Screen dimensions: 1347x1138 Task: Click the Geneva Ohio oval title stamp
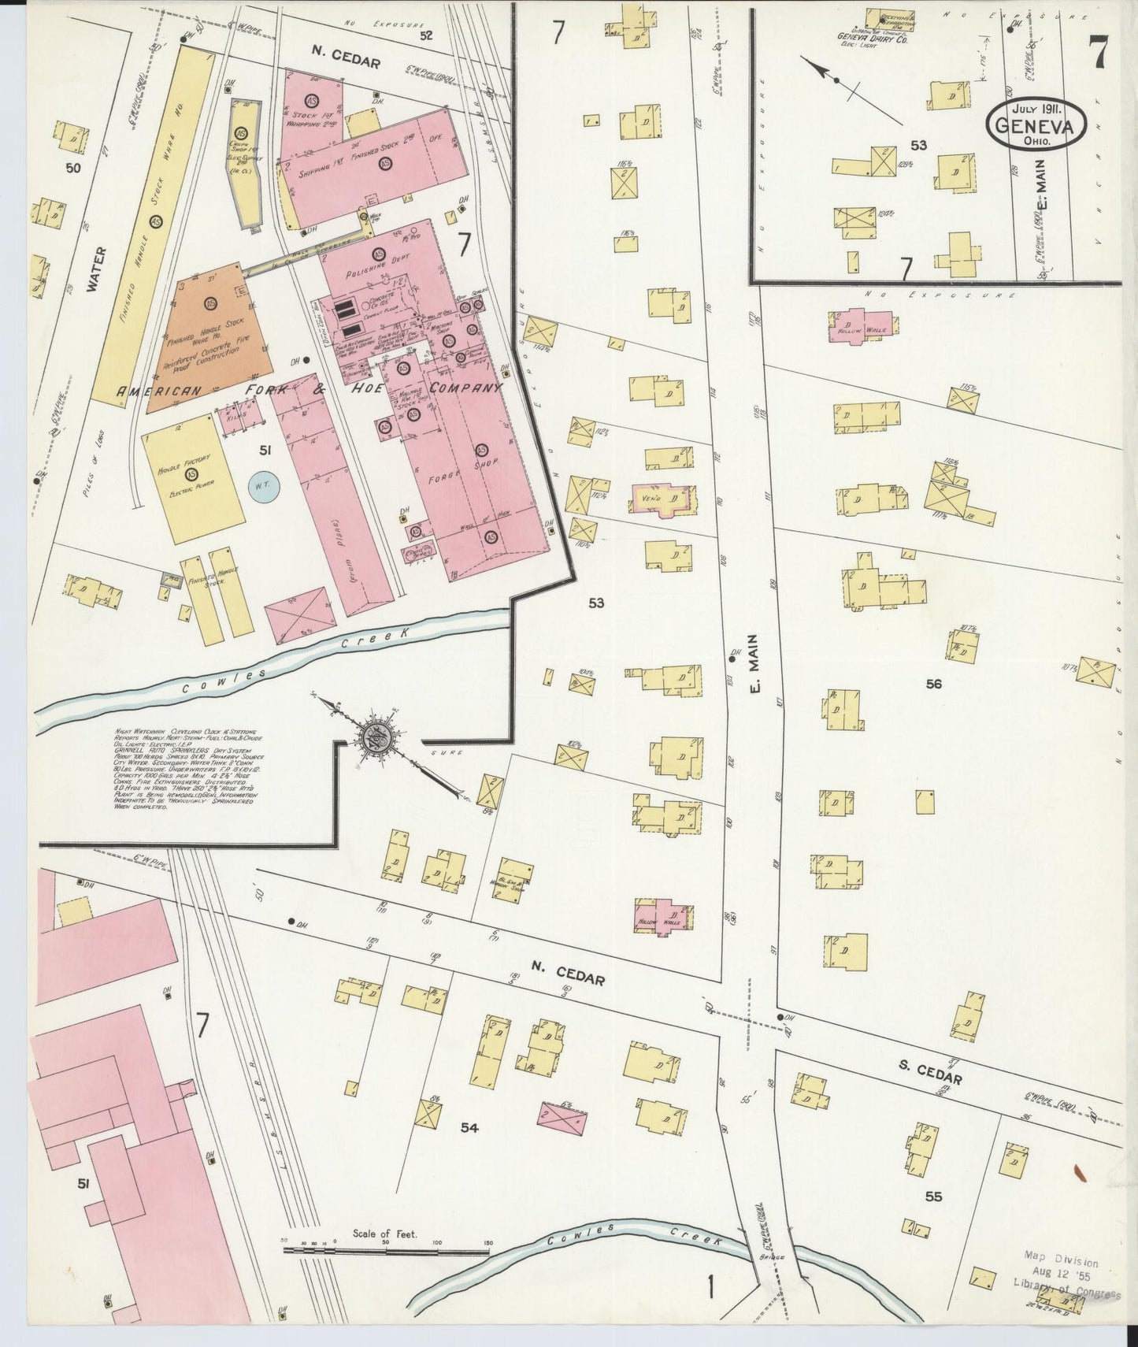[1036, 123]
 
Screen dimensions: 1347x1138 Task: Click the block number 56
[933, 684]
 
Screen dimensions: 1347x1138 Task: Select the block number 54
[469, 1129]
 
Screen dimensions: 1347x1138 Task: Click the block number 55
[933, 1197]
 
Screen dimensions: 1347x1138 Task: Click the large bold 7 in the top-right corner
[1099, 53]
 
